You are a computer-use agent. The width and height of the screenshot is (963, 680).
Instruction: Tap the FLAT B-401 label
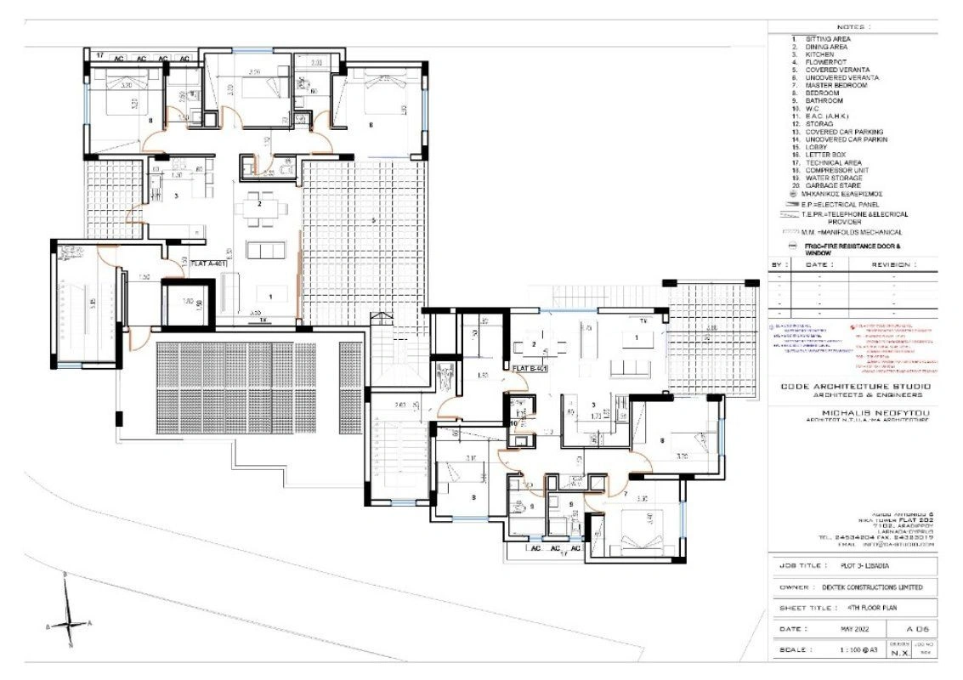pyautogui.click(x=530, y=367)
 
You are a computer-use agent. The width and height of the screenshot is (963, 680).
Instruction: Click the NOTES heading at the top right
pyautogui.click(x=853, y=27)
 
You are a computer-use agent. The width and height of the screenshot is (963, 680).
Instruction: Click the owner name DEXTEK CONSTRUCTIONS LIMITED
pyautogui.click(x=872, y=586)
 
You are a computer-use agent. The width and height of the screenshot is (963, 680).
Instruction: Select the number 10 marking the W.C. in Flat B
pyautogui.click(x=515, y=422)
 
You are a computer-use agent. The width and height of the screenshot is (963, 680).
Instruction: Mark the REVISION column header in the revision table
pyautogui.click(x=892, y=264)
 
